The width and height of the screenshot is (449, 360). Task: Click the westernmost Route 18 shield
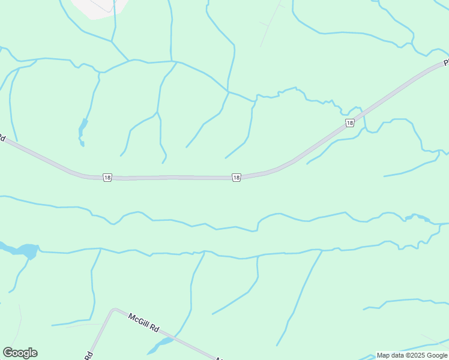pyautogui.click(x=107, y=177)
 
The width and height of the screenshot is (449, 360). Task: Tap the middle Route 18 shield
pyautogui.click(x=237, y=177)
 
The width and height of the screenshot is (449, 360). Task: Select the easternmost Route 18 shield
pyautogui.click(x=349, y=123)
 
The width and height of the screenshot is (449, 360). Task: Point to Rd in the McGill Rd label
pyautogui.click(x=154, y=329)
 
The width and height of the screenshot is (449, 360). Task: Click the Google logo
pyautogui.click(x=20, y=353)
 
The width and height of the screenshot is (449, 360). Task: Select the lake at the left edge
pyautogui.click(x=24, y=250)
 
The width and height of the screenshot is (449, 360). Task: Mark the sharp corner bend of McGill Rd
pyautogui.click(x=113, y=310)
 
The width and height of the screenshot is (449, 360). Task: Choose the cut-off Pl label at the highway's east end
pyautogui.click(x=446, y=62)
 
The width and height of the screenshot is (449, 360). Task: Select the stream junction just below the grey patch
pyautogui.click(x=112, y=41)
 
